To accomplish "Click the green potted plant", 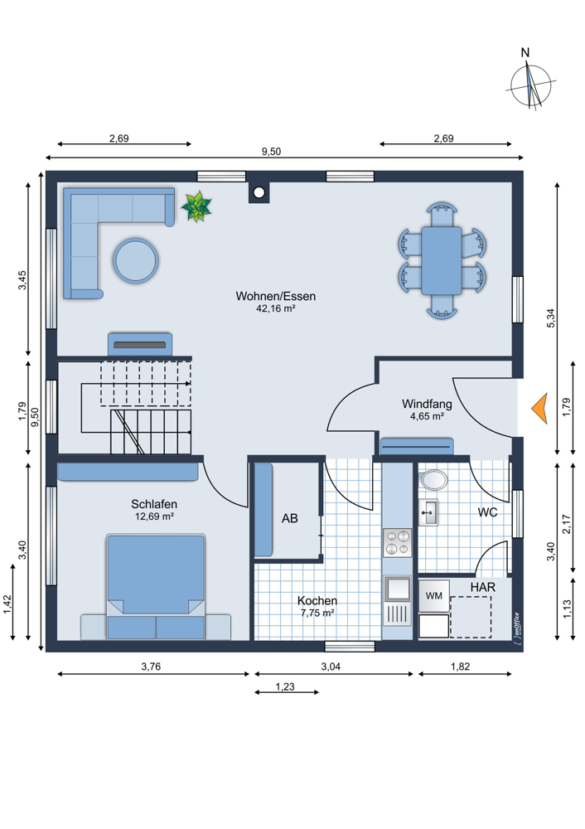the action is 196,206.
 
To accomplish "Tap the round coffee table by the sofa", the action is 136,260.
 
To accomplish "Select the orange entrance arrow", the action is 539,409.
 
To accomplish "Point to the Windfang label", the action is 427,404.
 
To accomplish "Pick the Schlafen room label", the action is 154,504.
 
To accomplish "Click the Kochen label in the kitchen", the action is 317,600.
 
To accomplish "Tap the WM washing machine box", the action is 434,596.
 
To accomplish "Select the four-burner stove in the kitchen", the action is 398,542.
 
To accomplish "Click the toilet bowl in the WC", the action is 433,480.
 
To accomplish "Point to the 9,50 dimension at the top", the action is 271,152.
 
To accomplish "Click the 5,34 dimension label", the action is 551,318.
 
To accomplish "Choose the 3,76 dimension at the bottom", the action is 151,667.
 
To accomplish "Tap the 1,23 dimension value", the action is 285,686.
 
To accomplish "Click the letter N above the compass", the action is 525,52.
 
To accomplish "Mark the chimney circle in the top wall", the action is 259,192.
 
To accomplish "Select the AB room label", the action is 289,519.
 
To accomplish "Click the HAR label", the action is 483,588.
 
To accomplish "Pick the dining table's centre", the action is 442,260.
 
